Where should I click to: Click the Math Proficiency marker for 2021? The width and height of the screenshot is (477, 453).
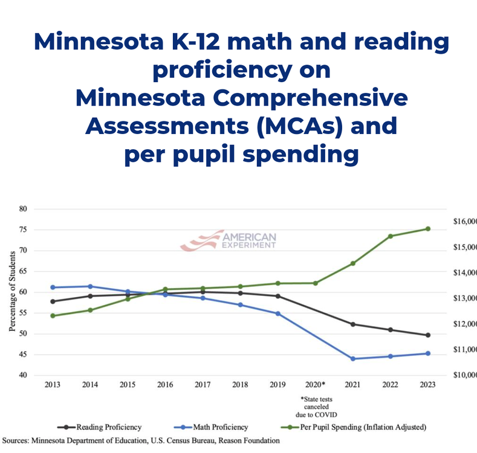point(352,359)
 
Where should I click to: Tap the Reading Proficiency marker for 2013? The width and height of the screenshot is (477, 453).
point(53,301)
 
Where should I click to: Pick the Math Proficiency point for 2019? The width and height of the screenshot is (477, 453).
point(277,313)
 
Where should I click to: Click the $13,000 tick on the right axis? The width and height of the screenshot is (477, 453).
point(464,298)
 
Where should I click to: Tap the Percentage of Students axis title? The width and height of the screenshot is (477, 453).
point(11,292)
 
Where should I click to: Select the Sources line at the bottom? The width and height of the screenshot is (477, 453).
point(140,441)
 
